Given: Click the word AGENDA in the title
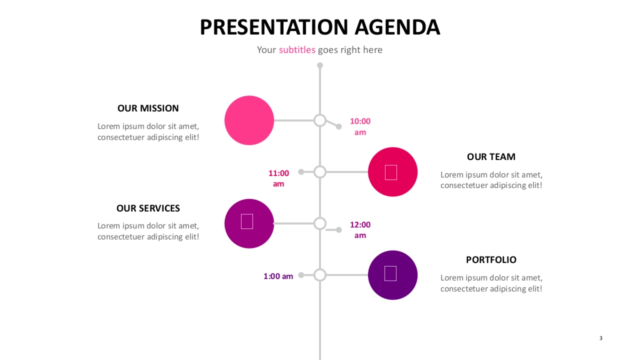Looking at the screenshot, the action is [x=397, y=27].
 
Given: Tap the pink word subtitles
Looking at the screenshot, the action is [x=297, y=50].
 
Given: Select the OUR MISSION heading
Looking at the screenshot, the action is [x=148, y=108].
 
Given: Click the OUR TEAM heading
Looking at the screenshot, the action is [x=491, y=157].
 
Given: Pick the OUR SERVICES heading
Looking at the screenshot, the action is [x=148, y=209].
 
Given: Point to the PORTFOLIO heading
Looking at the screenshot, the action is [x=491, y=260].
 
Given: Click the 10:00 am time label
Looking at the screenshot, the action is [x=361, y=126].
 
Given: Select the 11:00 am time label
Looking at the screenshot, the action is [x=278, y=178].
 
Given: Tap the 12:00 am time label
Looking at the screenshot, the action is [x=361, y=230].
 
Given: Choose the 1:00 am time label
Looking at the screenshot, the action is [x=278, y=276].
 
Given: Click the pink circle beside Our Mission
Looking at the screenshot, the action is [x=249, y=121].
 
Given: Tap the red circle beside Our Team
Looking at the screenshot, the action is [x=393, y=172].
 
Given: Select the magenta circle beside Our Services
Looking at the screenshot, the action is [x=249, y=223].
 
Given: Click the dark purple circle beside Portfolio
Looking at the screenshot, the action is [x=393, y=275].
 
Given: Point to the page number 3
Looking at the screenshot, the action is [x=601, y=338].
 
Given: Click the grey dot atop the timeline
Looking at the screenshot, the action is [x=320, y=66].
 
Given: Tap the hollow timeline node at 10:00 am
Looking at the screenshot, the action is [x=320, y=121].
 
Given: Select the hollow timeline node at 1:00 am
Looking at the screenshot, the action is [x=320, y=275].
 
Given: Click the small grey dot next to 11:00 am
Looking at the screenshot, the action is [x=301, y=172].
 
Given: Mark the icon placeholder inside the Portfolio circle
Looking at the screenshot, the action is [x=390, y=274].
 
